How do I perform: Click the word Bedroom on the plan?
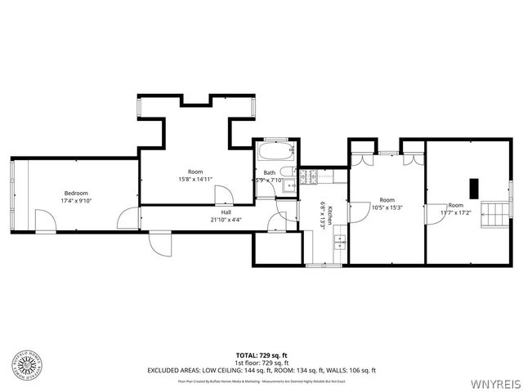[76, 194]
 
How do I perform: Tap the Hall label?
[226, 212]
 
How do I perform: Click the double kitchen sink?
[342, 243]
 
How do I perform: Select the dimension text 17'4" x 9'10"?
[76, 201]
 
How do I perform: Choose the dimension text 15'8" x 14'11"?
[195, 179]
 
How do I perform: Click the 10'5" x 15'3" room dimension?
[387, 207]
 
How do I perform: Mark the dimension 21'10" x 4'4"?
[226, 220]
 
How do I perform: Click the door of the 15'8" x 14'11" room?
[223, 194]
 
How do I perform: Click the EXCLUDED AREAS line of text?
[261, 370]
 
